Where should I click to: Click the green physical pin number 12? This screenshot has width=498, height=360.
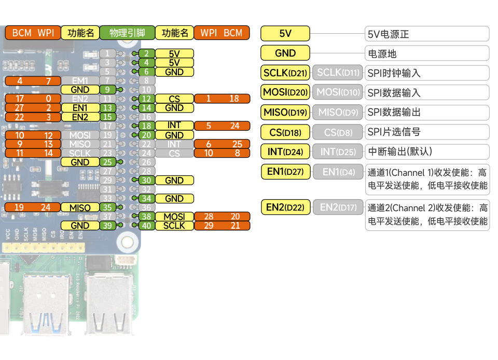(147, 99)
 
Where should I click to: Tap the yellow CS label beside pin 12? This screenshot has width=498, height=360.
(174, 99)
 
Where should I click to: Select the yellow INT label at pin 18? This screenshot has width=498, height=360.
(174, 126)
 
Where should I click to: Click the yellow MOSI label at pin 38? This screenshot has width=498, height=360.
(174, 216)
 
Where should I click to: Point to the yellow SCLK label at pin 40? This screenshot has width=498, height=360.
(174, 226)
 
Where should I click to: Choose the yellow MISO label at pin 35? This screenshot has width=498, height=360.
(80, 207)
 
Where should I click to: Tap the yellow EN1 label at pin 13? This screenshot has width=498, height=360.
(80, 108)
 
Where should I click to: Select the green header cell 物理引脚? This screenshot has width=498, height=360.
(127, 33)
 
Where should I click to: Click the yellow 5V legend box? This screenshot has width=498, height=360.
(285, 34)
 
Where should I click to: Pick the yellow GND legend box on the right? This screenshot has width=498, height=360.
(285, 53)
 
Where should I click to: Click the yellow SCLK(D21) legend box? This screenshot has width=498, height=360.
(285, 73)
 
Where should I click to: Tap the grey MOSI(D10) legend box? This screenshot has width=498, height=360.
(338, 92)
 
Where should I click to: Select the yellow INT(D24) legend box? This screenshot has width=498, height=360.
(285, 152)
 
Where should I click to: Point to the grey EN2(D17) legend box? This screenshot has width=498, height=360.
(338, 207)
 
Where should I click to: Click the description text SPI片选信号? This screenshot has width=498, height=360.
(393, 132)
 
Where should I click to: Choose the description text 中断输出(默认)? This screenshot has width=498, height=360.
(399, 152)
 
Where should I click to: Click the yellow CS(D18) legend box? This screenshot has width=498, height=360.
(285, 132)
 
